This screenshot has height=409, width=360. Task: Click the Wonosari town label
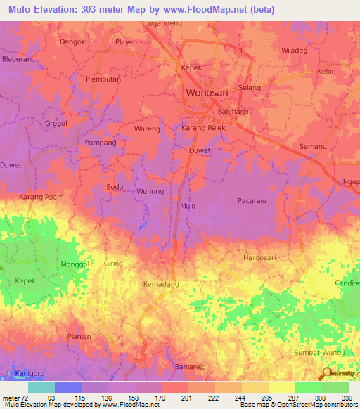pyautogui.click(x=208, y=93)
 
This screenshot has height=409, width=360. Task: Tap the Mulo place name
pyautogui.click(x=188, y=206)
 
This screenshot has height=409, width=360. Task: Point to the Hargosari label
pyautogui.click(x=261, y=258)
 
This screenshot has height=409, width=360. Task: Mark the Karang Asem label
pyautogui.click(x=41, y=197)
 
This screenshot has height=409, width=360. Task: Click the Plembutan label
pyautogui.click(x=103, y=79)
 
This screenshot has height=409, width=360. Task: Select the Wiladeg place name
pyautogui.click(x=294, y=51)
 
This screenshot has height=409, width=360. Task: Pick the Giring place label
pyautogui.click(x=113, y=264)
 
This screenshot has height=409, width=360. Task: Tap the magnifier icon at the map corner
pyautogui.click(x=327, y=373)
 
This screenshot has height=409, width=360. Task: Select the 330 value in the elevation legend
pyautogui.click(x=346, y=397)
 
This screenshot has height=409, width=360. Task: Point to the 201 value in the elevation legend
pyautogui.click(x=186, y=397)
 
